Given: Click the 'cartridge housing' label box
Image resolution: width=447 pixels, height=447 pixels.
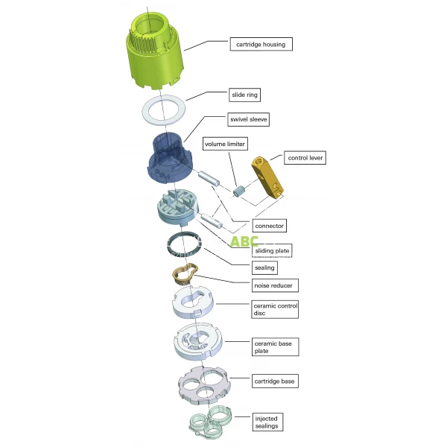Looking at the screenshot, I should (261, 44).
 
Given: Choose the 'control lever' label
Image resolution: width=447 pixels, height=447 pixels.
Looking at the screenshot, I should (306, 158).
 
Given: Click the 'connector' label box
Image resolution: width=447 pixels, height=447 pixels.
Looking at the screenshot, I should (270, 225).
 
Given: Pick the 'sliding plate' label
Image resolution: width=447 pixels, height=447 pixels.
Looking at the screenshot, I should (272, 250).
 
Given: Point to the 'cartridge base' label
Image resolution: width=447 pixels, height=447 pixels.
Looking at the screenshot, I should (274, 381).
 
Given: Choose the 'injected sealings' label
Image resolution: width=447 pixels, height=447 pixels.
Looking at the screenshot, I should (267, 422).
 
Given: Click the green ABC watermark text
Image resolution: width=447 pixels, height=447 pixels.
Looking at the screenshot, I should (244, 241).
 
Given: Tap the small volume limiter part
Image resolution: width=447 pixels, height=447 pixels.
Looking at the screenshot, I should (240, 191).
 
